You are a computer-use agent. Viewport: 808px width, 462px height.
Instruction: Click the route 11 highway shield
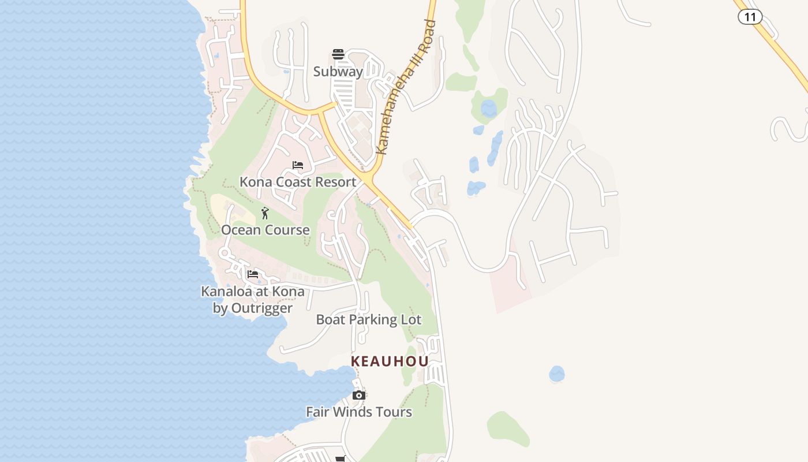tap(750, 17)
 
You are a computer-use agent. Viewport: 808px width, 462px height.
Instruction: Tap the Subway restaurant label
tap(338, 72)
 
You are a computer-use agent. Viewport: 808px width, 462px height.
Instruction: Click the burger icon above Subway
tap(338, 55)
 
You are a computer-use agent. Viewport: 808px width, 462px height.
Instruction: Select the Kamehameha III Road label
tap(406, 88)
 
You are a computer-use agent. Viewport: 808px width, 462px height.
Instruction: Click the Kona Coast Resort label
tap(298, 182)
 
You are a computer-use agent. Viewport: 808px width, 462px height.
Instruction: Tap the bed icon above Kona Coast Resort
tap(298, 165)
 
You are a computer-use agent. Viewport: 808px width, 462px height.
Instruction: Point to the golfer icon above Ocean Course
tap(265, 213)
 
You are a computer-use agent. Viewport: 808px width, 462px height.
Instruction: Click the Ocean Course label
tap(265, 230)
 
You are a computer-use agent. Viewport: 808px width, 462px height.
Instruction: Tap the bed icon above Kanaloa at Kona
tap(253, 274)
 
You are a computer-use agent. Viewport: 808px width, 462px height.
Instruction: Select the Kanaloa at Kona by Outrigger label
tap(253, 300)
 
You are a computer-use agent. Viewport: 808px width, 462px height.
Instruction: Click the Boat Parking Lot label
tap(369, 319)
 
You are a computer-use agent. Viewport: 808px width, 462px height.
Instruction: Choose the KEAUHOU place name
tap(390, 362)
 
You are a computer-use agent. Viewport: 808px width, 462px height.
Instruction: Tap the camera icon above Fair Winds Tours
tap(359, 395)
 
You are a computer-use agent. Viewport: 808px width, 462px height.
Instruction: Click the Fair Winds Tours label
tap(359, 412)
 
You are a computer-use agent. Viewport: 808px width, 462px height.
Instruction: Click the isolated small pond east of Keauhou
tap(557, 374)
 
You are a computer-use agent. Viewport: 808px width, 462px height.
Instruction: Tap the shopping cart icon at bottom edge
tap(341, 459)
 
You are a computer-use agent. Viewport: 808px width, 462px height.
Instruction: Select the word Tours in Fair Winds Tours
tap(395, 412)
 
